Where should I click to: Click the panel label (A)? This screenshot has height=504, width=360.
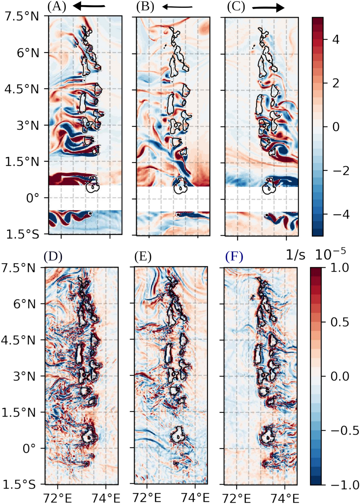click(56, 7)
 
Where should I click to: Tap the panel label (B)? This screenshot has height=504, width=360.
click(145, 7)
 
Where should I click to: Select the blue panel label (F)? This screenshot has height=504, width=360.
click(234, 257)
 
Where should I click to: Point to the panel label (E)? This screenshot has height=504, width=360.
click(143, 257)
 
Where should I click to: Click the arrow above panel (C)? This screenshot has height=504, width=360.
click(268, 7)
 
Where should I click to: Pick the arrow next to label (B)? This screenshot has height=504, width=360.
click(177, 7)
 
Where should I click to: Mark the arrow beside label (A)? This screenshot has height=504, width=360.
click(89, 6)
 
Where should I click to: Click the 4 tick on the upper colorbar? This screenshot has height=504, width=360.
click(335, 40)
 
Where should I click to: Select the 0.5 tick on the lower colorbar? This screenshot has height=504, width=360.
click(339, 322)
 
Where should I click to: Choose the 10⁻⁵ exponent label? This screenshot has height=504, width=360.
click(330, 253)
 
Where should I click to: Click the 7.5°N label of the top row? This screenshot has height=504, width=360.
click(22, 16)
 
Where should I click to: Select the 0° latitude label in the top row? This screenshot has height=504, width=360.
click(32, 198)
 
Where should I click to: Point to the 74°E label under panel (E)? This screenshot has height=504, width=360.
click(195, 498)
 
